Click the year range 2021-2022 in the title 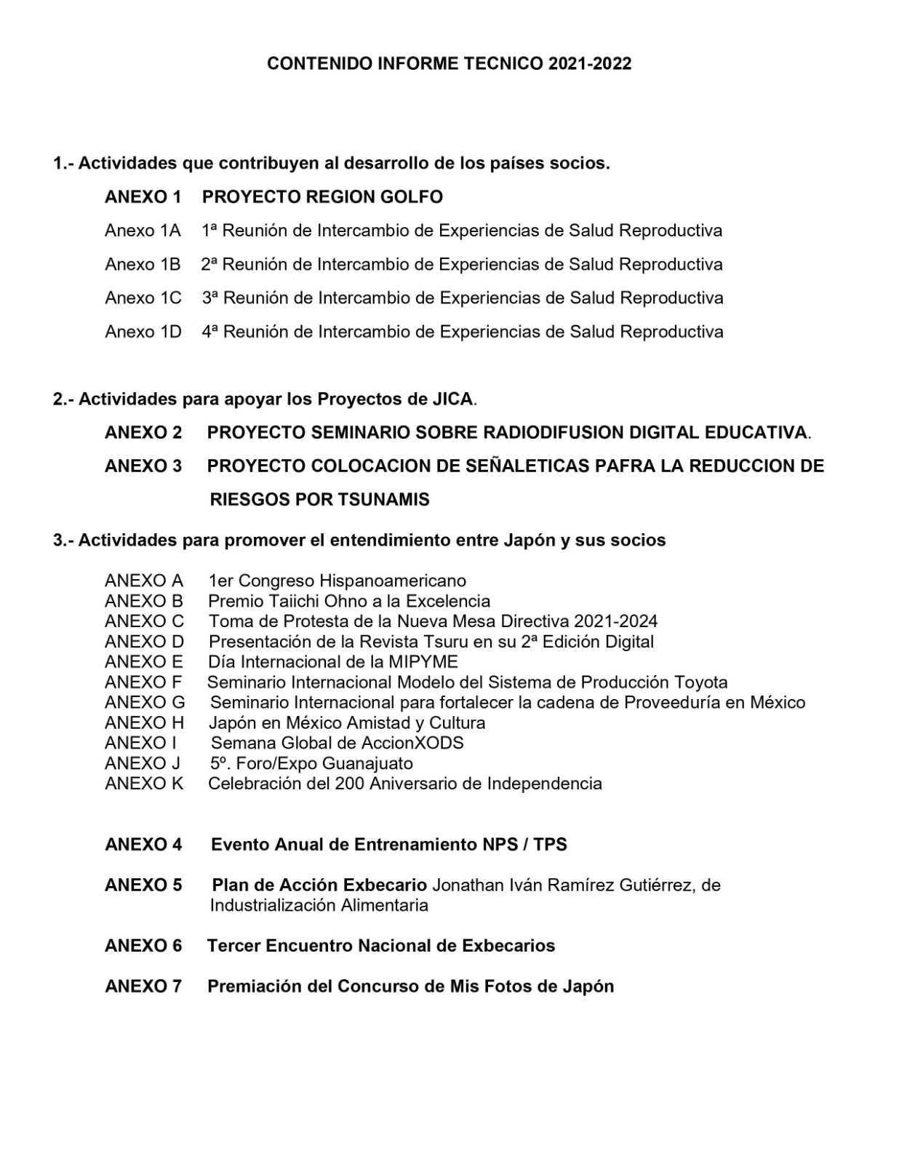(589, 63)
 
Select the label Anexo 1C (143, 298)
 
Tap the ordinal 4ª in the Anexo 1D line (209, 332)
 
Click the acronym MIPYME (424, 662)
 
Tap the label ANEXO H (144, 722)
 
